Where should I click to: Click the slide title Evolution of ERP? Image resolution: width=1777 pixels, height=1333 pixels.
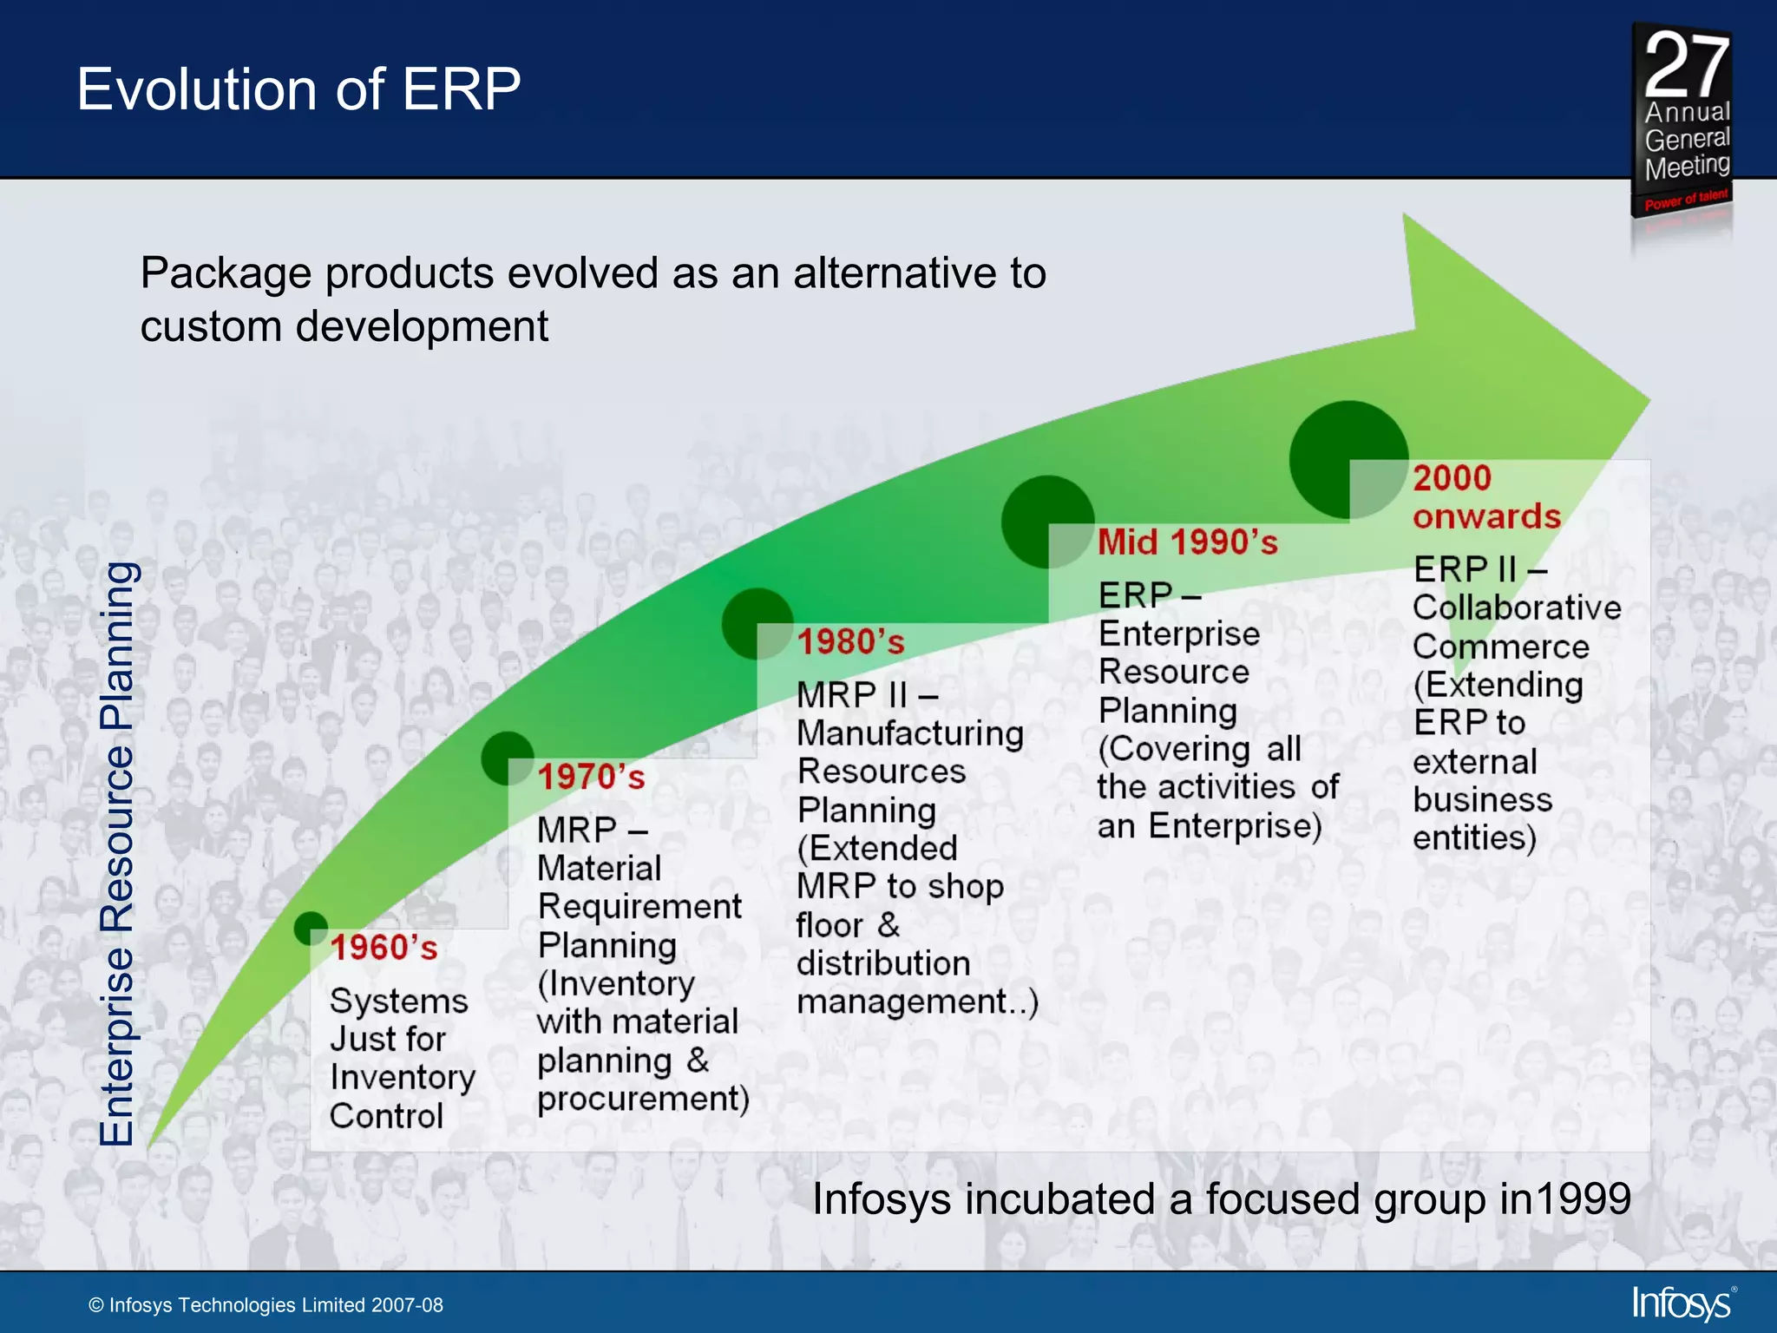pyautogui.click(x=298, y=89)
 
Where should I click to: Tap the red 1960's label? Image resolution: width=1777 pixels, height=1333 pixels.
pyautogui.click(x=384, y=948)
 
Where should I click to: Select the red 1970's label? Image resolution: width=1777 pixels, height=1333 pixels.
pyautogui.click(x=591, y=777)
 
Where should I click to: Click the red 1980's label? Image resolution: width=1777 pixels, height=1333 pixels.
pyautogui.click(x=850, y=642)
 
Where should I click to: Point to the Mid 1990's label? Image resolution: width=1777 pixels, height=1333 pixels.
pyautogui.click(x=1187, y=542)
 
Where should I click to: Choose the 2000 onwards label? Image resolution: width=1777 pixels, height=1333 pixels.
pyautogui.click(x=1485, y=497)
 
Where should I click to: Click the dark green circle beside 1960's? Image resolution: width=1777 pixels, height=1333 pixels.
pyautogui.click(x=310, y=927)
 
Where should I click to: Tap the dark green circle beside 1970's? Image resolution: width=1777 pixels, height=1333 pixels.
pyautogui.click(x=507, y=758)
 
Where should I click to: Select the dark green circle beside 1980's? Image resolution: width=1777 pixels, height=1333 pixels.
pyautogui.click(x=757, y=623)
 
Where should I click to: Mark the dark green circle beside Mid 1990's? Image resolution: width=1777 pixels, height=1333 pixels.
pyautogui.click(x=1046, y=521)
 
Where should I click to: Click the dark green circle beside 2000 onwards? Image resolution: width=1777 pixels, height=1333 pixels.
pyautogui.click(x=1348, y=459)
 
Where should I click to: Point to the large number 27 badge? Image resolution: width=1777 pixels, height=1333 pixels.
pyautogui.click(x=1686, y=65)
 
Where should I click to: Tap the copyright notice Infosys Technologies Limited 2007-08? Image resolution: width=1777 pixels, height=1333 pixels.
pyautogui.click(x=266, y=1305)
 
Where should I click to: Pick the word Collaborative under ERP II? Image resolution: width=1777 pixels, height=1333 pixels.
pyautogui.click(x=1516, y=607)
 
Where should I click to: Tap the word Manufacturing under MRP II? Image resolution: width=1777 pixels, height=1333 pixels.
pyautogui.click(x=909, y=733)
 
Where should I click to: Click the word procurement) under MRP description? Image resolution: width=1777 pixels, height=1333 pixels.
pyautogui.click(x=642, y=1100)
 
